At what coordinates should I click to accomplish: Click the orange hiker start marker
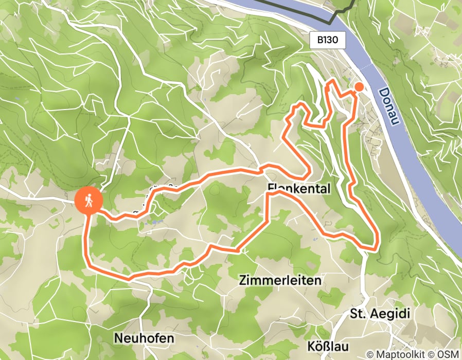pos(89,201)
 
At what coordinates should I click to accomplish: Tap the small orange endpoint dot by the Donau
pos(359,87)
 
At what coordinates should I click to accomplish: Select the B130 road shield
pos(327,40)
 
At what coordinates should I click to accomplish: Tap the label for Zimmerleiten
pos(280,280)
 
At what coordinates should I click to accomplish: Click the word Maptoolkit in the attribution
pos(396,354)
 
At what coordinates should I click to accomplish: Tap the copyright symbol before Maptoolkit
pos(369,354)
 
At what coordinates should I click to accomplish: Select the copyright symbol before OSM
pos(432,354)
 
